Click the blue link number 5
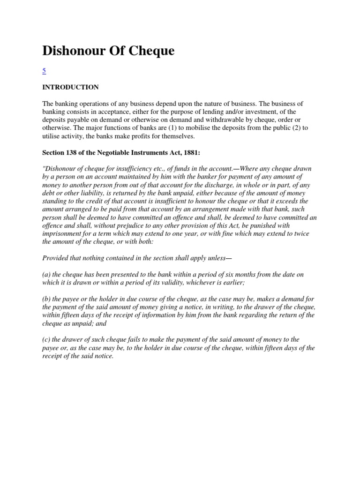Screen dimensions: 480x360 [x=44, y=71]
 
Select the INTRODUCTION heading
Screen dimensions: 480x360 [x=70, y=87]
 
